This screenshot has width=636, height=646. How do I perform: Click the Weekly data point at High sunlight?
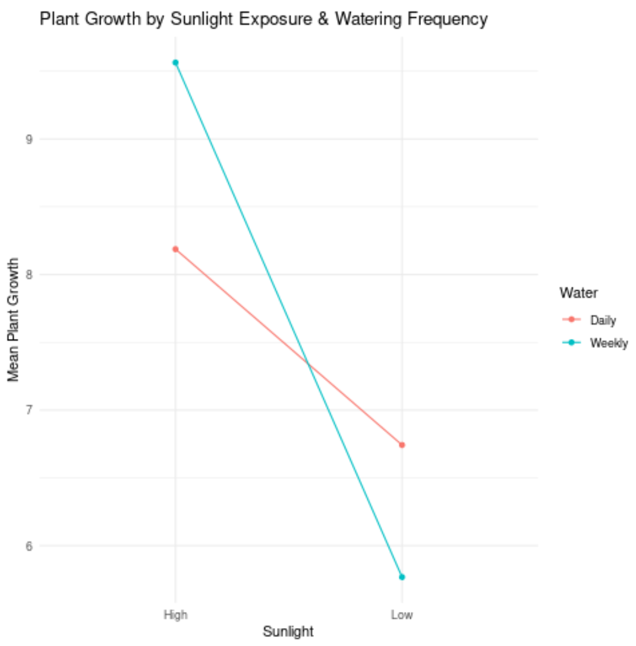pos(175,62)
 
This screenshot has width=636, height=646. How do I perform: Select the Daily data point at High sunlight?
pos(175,249)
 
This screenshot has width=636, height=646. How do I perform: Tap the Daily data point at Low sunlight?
pos(402,445)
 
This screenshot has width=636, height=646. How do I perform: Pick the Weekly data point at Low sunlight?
pos(402,577)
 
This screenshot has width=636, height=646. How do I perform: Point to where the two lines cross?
pos(308,364)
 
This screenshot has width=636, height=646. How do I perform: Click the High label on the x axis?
pos(175,614)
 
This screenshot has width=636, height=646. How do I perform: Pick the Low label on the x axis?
pos(402,614)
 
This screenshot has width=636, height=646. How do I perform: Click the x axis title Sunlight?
pos(288,632)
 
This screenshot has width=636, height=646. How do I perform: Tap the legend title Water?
pos(578,293)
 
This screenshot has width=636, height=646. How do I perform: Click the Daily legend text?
pos(603,320)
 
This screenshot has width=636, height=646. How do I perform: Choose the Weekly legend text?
pos(609,343)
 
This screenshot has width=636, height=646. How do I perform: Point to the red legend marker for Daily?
pos(571,320)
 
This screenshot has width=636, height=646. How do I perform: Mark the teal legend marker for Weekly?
pos(571,343)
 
